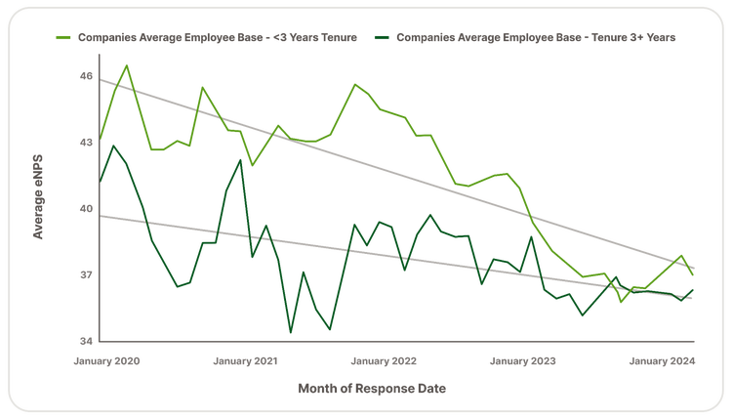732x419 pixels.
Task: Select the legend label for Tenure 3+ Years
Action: pyautogui.click(x=538, y=37)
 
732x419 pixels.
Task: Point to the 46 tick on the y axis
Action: pyautogui.click(x=86, y=75)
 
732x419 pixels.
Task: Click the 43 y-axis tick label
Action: pyautogui.click(x=86, y=143)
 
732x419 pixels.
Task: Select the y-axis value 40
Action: pyautogui.click(x=86, y=209)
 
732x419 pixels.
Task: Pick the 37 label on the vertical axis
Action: pyautogui.click(x=86, y=275)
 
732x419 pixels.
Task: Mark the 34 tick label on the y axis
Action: pyautogui.click(x=86, y=342)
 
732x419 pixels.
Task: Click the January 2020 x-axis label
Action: pyautogui.click(x=108, y=361)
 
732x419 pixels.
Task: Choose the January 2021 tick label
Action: pyautogui.click(x=245, y=361)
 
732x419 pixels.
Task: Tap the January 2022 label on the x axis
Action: pyautogui.click(x=385, y=361)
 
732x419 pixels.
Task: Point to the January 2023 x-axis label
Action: pyautogui.click(x=523, y=361)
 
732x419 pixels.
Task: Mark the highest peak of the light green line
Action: pyautogui.click(x=127, y=64)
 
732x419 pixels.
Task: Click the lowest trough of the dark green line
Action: pyautogui.click(x=290, y=332)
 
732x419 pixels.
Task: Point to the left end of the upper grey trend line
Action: pyautogui.click(x=101, y=77)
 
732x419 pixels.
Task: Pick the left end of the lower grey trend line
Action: pyautogui.click(x=101, y=215)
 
